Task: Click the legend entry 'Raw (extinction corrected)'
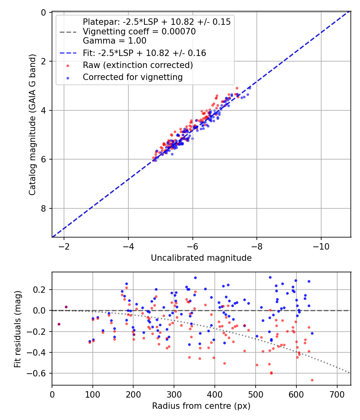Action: pyautogui.click(x=138, y=65)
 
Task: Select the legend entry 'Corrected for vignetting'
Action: pyautogui.click(x=132, y=77)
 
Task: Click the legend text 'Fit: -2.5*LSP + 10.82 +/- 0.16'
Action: pyautogui.click(x=144, y=53)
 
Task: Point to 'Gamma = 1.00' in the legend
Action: pyautogui.click(x=114, y=40)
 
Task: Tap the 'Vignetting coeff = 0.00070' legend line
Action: pyautogui.click(x=139, y=32)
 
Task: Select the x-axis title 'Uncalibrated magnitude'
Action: pyautogui.click(x=201, y=258)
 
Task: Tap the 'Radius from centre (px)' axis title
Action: pyautogui.click(x=201, y=406)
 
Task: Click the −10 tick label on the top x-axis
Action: pyautogui.click(x=321, y=246)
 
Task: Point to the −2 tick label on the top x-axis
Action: pyautogui.click(x=64, y=246)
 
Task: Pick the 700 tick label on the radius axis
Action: pyautogui.click(x=337, y=394)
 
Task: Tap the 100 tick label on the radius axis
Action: pyautogui.click(x=93, y=394)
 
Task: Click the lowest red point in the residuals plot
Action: pyautogui.click(x=312, y=380)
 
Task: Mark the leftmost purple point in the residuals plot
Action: pyautogui.click(x=59, y=324)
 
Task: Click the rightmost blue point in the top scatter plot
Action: pyautogui.click(x=248, y=94)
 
